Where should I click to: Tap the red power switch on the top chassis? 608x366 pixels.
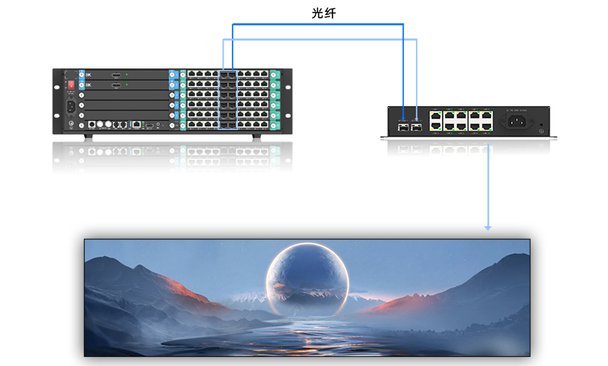point(72,85)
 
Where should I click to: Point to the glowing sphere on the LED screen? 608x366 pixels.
point(308,280)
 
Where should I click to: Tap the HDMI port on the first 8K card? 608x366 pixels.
point(116,75)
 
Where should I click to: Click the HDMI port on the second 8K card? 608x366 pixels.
point(116,86)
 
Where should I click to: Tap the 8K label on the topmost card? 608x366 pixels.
point(89,75)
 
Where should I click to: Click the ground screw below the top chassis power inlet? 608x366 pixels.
point(73,119)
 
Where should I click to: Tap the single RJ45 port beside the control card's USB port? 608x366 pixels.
point(137,123)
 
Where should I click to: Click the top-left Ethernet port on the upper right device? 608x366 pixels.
point(435,116)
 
